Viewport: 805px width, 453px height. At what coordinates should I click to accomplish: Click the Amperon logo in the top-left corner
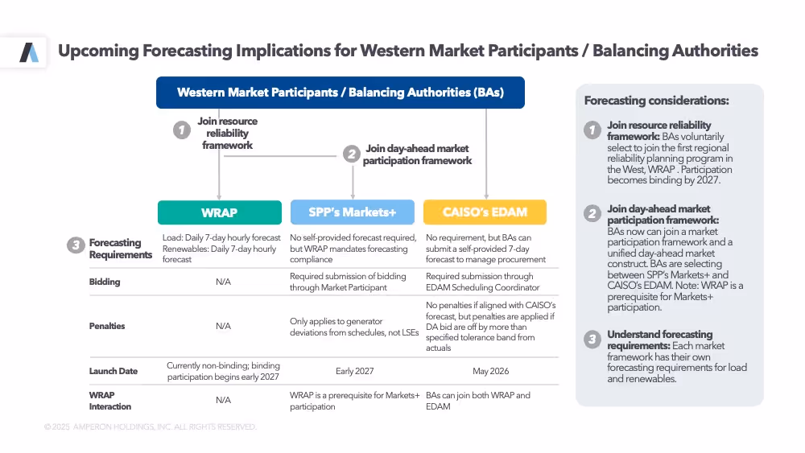[29, 53]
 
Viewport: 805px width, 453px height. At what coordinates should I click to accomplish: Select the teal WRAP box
[219, 212]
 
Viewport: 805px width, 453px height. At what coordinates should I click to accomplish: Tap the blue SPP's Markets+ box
[352, 212]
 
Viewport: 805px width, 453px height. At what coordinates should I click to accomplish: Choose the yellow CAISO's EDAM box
[485, 212]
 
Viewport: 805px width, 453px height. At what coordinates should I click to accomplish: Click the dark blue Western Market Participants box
[340, 93]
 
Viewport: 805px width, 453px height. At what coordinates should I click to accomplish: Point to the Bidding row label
[105, 282]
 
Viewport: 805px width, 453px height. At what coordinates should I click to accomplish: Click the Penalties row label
[107, 326]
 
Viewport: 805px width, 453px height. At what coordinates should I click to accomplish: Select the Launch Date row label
[114, 371]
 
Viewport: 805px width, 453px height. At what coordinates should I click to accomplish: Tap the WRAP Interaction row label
[109, 401]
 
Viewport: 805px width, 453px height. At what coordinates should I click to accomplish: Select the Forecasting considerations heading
[656, 101]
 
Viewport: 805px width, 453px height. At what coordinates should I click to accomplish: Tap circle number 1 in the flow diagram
[183, 129]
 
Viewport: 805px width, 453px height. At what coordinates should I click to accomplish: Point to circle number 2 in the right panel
[592, 213]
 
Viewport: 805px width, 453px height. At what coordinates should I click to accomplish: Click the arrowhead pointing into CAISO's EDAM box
[486, 196]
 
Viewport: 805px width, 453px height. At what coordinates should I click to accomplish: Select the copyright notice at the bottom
[151, 427]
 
